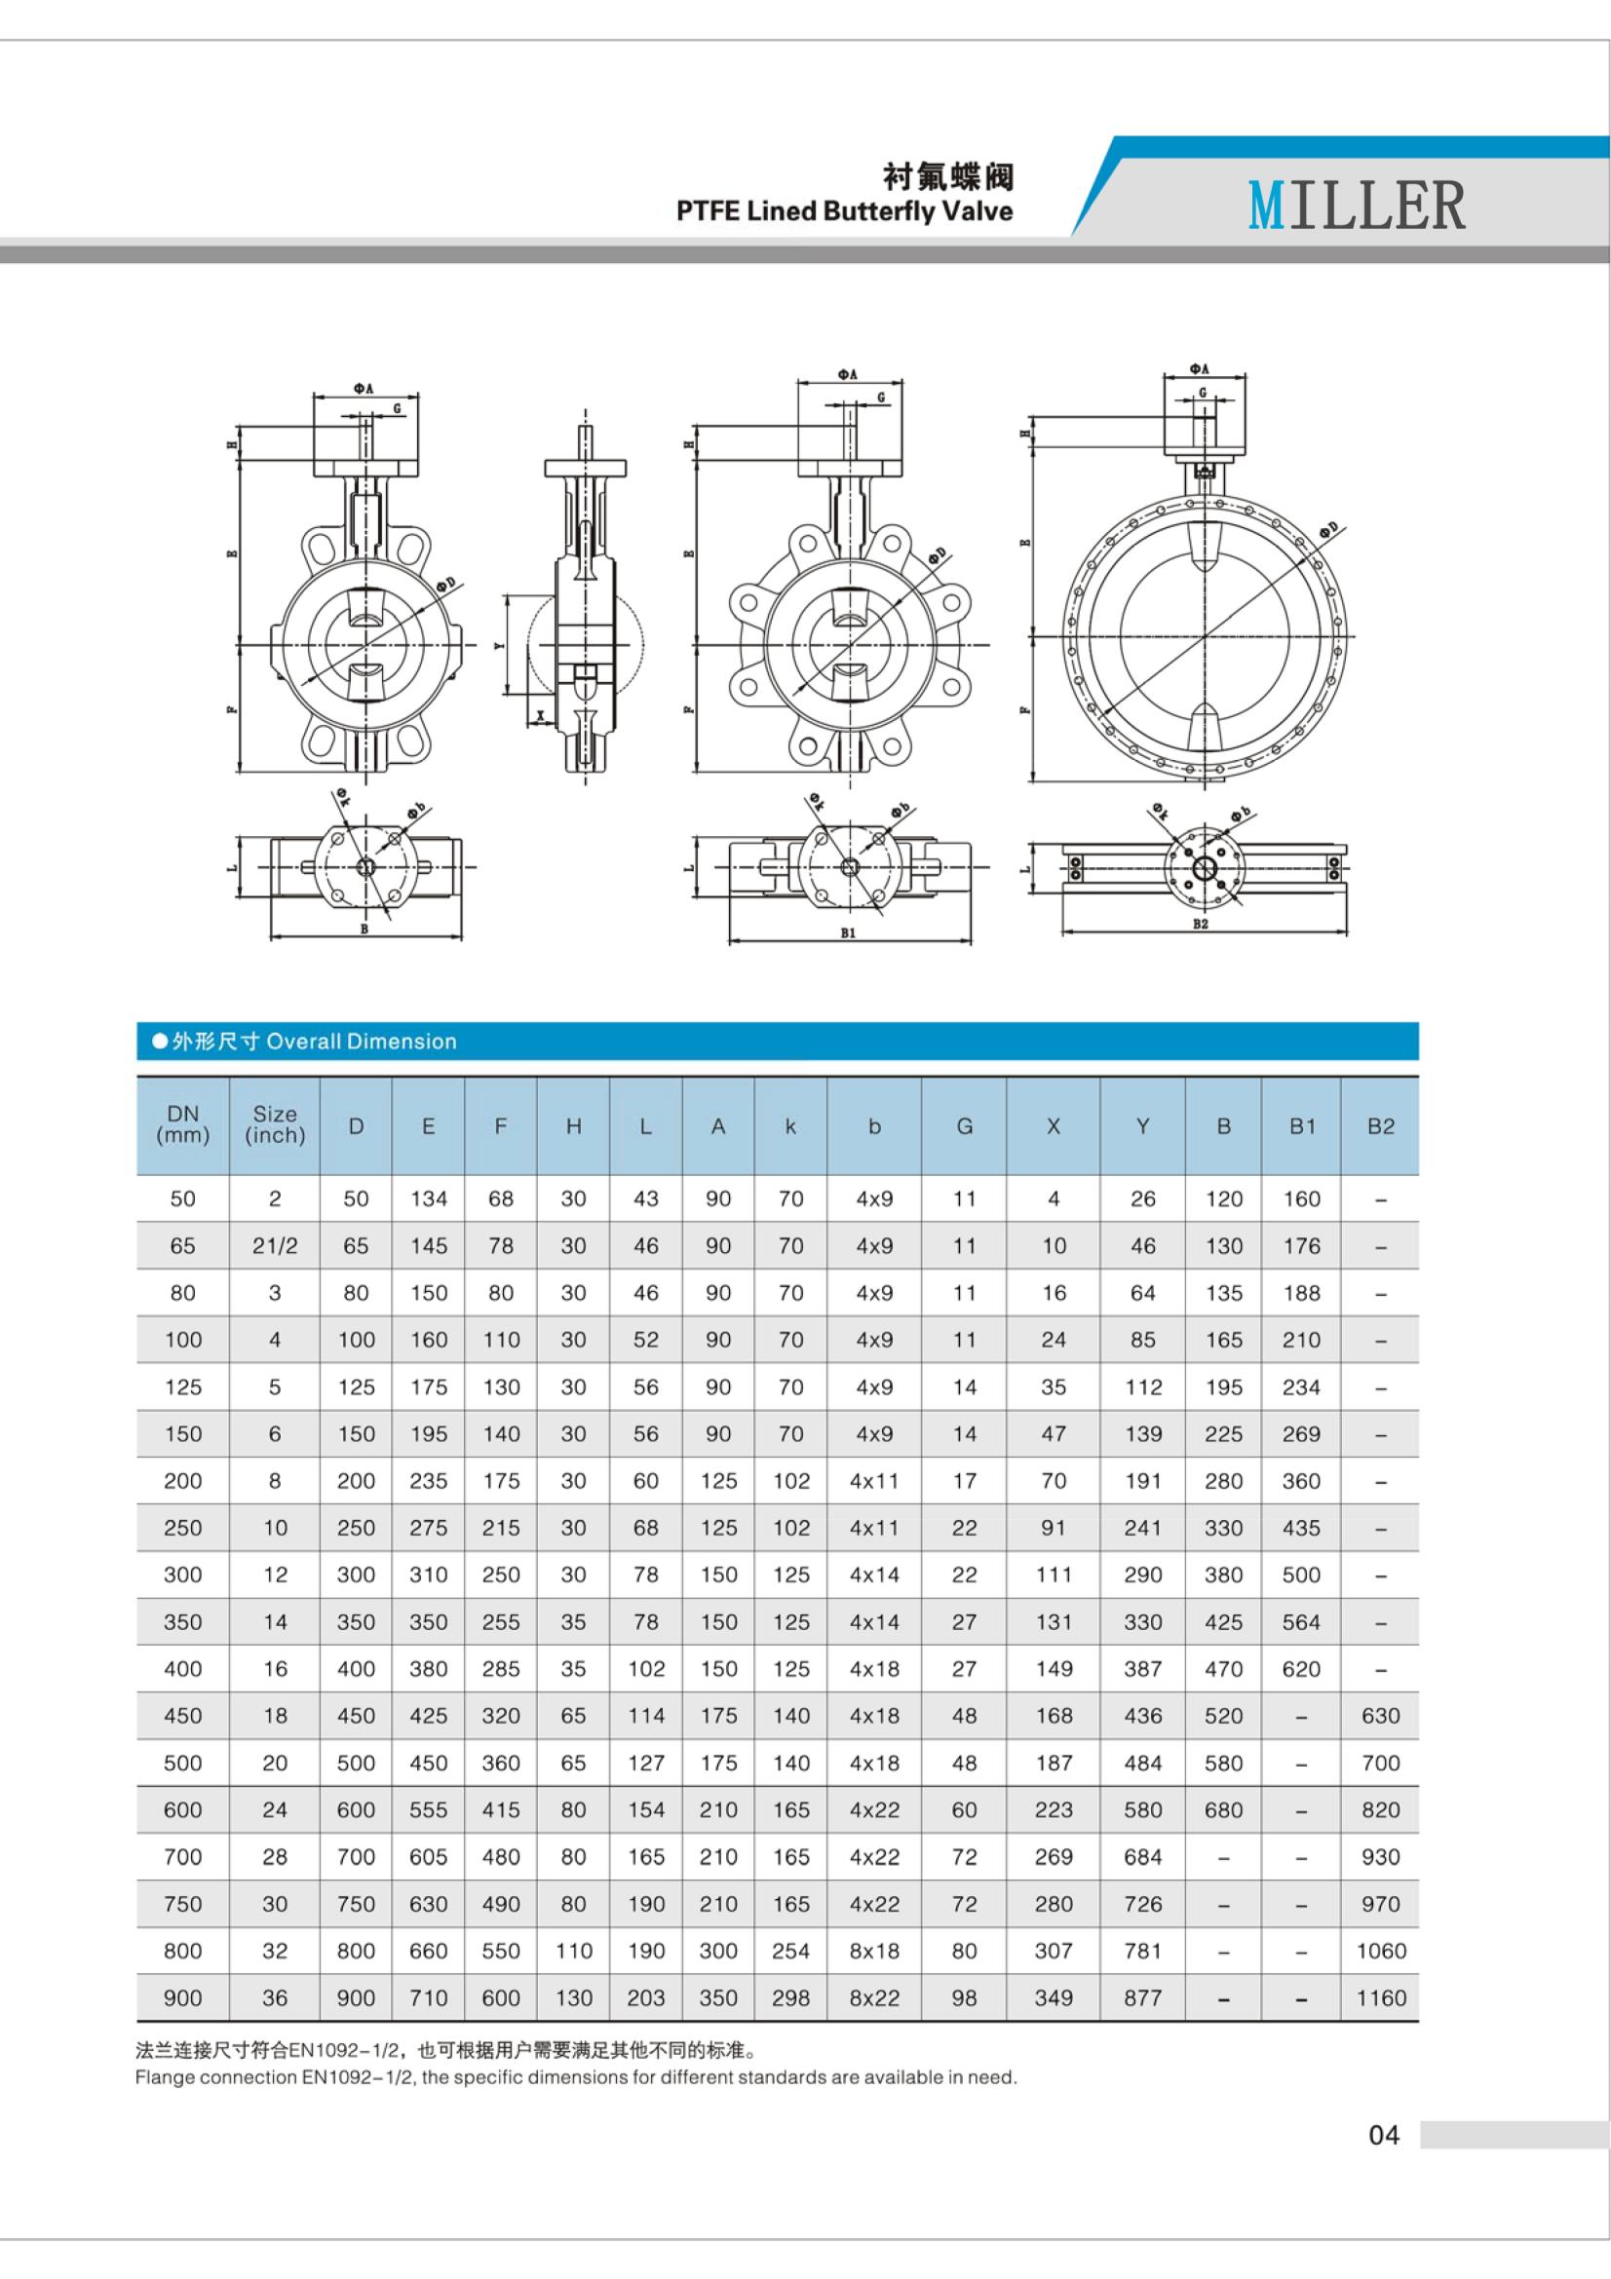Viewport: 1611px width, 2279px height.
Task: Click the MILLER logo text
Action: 1356,206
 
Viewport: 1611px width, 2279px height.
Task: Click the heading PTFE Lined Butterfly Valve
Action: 844,210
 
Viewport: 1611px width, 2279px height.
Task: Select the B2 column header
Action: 1380,1125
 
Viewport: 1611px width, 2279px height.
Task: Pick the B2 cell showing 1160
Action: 1380,1997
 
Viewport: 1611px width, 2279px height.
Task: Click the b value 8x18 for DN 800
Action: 873,1951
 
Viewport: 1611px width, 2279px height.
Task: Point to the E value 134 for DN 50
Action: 428,1198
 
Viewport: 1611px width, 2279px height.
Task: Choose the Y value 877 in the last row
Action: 1142,1997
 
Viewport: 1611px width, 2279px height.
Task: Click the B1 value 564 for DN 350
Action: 1300,1621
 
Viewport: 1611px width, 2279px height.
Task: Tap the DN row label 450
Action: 182,1715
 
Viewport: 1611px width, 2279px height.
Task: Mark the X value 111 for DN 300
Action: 1054,1575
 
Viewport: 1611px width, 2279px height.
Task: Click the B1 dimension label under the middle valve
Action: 848,933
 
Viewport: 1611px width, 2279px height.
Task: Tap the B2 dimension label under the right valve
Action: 1200,924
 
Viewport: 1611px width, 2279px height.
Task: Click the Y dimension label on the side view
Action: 498,645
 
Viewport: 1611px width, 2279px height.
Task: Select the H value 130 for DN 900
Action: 573,1997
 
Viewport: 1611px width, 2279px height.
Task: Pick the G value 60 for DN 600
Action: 964,1809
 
